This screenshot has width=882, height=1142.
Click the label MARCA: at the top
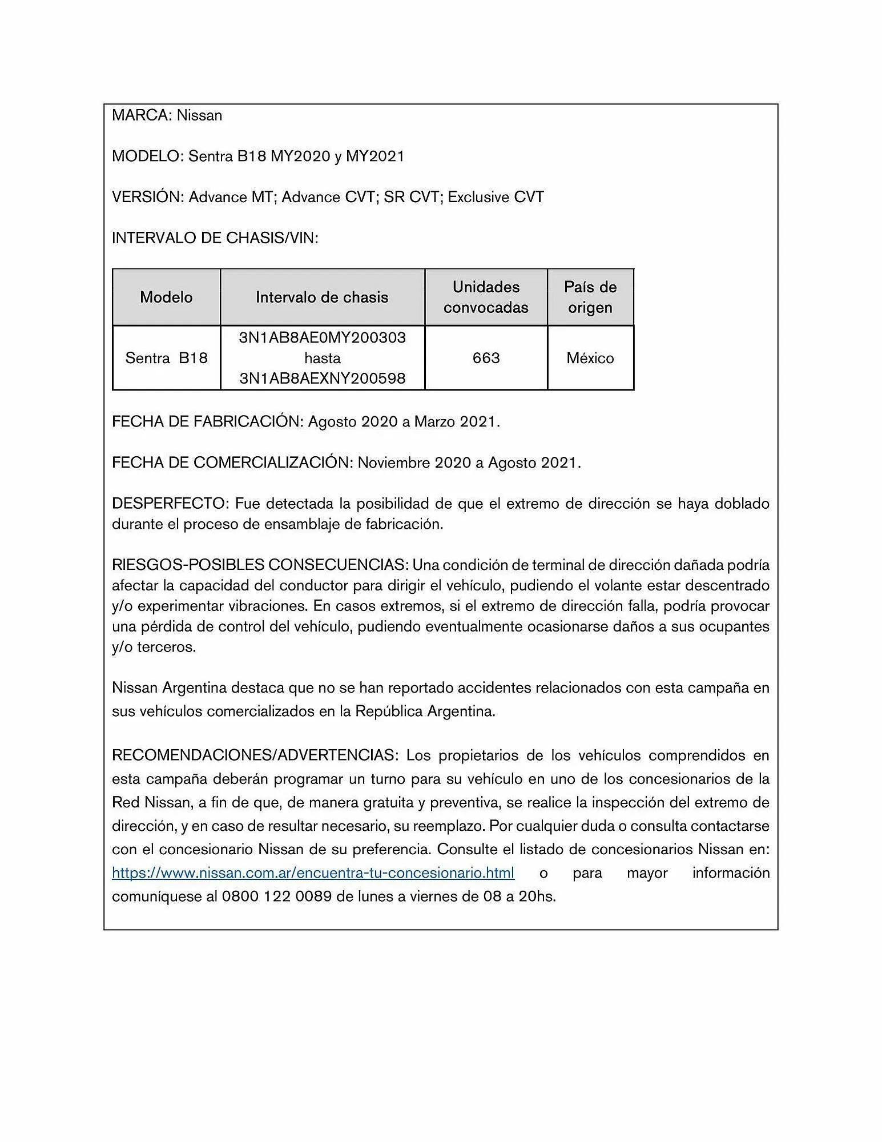pyautogui.click(x=142, y=115)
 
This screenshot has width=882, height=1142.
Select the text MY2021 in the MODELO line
pyautogui.click(x=375, y=156)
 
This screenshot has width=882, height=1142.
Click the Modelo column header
pyautogui.click(x=166, y=297)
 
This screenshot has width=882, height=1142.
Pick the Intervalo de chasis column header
pyautogui.click(x=322, y=297)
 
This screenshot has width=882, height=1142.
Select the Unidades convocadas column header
pyautogui.click(x=486, y=297)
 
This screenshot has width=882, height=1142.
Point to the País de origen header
pyautogui.click(x=590, y=297)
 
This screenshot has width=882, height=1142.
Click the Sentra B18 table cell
pyautogui.click(x=166, y=358)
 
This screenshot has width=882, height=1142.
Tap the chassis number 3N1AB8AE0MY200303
pyautogui.click(x=322, y=337)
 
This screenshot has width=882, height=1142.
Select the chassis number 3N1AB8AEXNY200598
pyautogui.click(x=322, y=379)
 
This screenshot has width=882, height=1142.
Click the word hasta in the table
pyautogui.click(x=322, y=358)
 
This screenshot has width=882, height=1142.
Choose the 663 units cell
pyautogui.click(x=486, y=358)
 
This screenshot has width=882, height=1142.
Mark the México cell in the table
pyautogui.click(x=590, y=358)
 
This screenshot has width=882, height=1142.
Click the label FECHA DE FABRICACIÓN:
pyautogui.click(x=207, y=422)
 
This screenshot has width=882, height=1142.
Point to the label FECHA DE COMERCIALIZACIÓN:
pyautogui.click(x=232, y=463)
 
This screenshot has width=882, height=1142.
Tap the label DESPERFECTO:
pyautogui.click(x=170, y=504)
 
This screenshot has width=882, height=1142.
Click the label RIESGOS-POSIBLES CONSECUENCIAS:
pyautogui.click(x=260, y=565)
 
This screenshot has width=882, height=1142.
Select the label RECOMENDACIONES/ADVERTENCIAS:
pyautogui.click(x=254, y=755)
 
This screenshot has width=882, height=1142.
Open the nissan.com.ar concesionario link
pyautogui.click(x=313, y=873)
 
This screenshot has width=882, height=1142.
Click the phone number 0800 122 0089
pyautogui.click(x=276, y=896)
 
